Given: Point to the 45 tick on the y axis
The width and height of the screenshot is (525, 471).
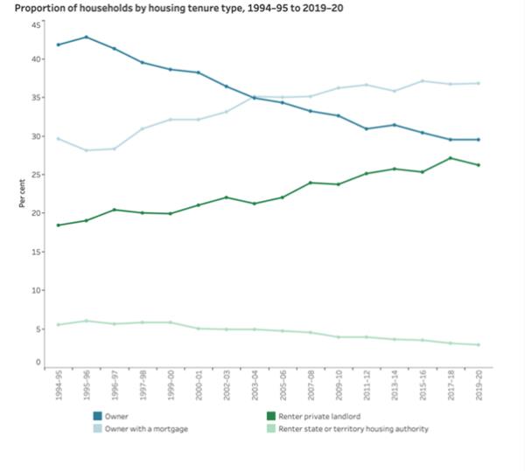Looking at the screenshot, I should tap(36, 25).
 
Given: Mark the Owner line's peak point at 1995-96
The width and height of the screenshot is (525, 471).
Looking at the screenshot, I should tap(86, 37).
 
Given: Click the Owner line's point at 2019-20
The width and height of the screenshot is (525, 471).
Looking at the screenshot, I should tap(479, 140).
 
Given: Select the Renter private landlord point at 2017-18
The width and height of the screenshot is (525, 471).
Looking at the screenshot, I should tap(451, 158).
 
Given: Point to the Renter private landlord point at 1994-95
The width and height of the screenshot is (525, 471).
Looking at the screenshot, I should tap(58, 225).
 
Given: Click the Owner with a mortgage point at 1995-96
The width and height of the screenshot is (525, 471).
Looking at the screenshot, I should tap(86, 150).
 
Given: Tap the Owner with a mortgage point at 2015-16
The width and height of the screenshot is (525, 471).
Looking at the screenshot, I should tap(423, 81).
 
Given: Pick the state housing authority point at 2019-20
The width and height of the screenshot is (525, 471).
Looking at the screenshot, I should tap(479, 345).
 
